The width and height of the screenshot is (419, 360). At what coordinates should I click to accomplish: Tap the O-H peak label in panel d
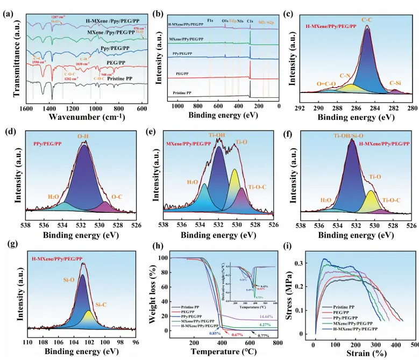click(x=83, y=137)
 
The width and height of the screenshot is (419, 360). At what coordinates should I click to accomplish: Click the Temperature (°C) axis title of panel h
click(x=221, y=352)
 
